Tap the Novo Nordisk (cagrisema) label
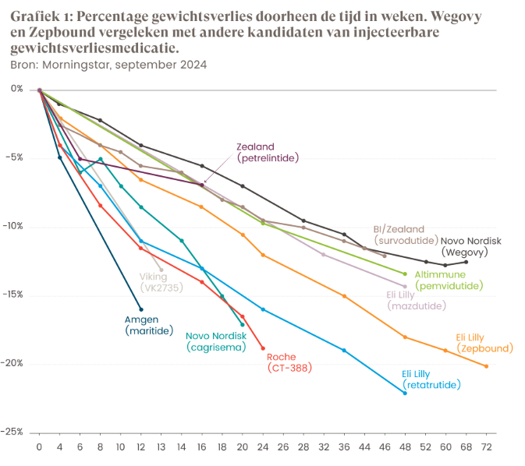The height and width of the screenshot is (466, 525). [216, 341]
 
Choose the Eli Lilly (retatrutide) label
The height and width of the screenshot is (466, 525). [431, 379]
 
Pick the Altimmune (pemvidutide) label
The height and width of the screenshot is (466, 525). [449, 280]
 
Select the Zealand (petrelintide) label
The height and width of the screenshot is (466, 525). [268, 151]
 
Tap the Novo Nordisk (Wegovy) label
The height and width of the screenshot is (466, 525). [466, 246]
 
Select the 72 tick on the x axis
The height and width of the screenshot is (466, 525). [487, 448]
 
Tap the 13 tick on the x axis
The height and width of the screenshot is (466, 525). [161, 448]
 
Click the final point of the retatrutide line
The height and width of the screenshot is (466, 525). [405, 393]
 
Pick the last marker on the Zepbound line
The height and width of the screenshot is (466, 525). [487, 366]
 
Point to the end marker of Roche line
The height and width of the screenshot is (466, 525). [263, 348]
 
